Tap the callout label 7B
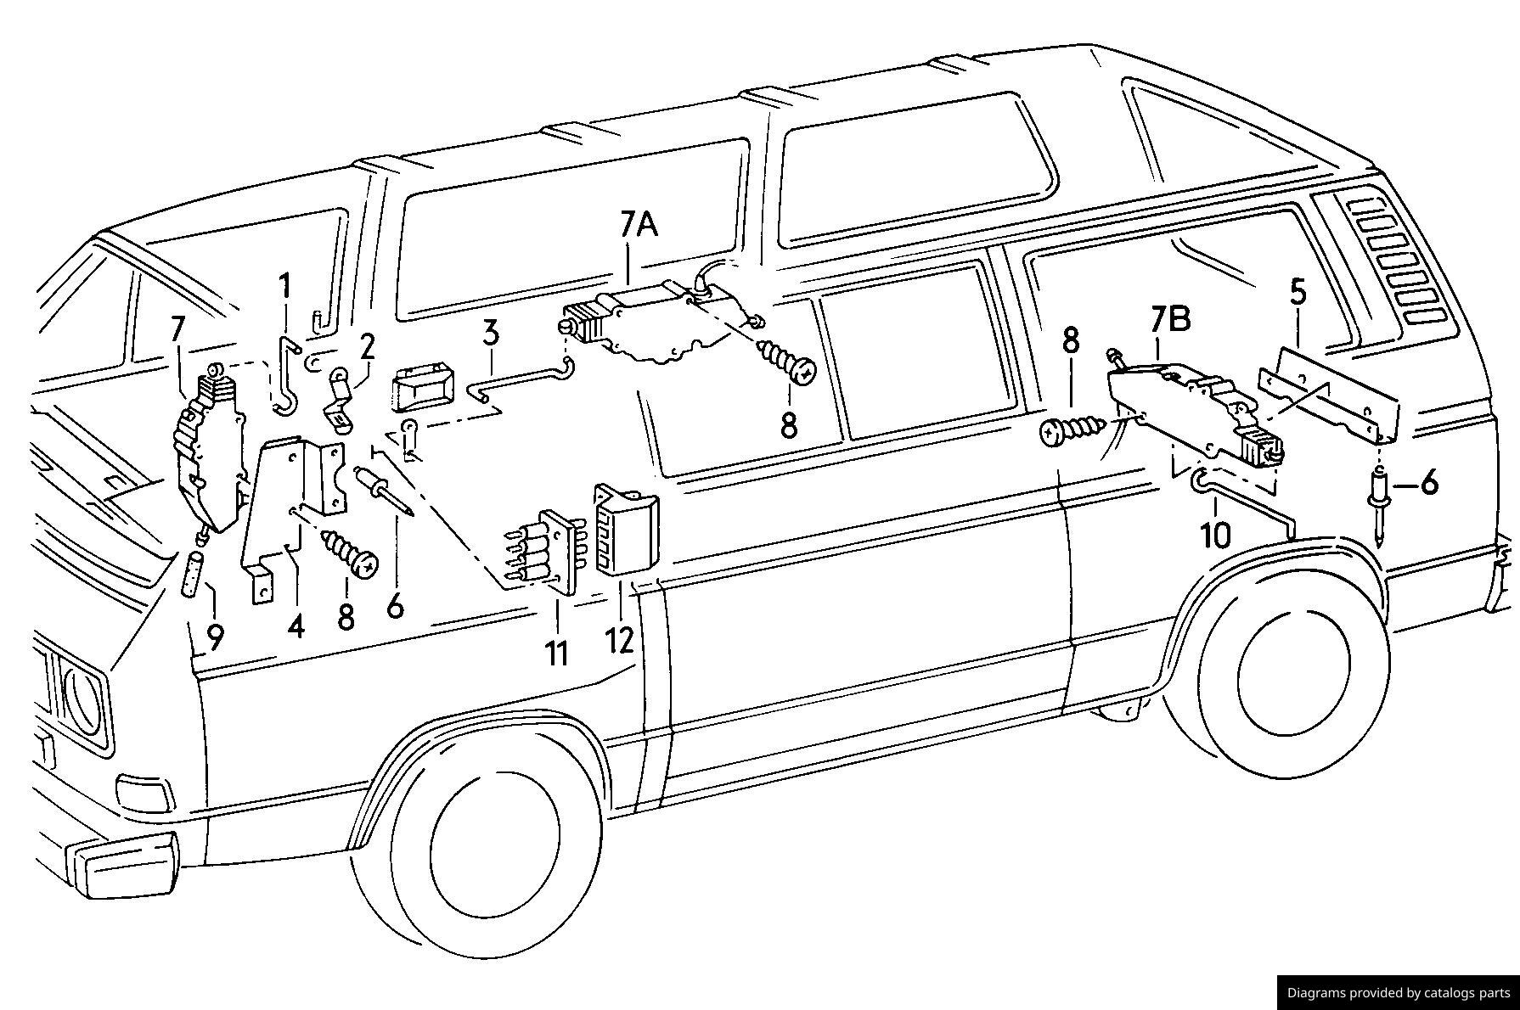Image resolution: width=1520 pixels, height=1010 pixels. pos(1171,319)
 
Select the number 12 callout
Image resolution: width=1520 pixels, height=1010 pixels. pos(620,639)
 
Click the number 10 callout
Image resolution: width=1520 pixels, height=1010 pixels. pos(1215,536)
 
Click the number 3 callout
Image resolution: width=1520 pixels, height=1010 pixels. pos(490,333)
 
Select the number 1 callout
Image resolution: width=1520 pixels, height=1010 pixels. pos(285,286)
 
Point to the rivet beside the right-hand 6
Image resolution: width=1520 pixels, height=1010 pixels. pos(1380,509)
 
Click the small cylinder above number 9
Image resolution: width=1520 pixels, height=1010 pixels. pos(194,575)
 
